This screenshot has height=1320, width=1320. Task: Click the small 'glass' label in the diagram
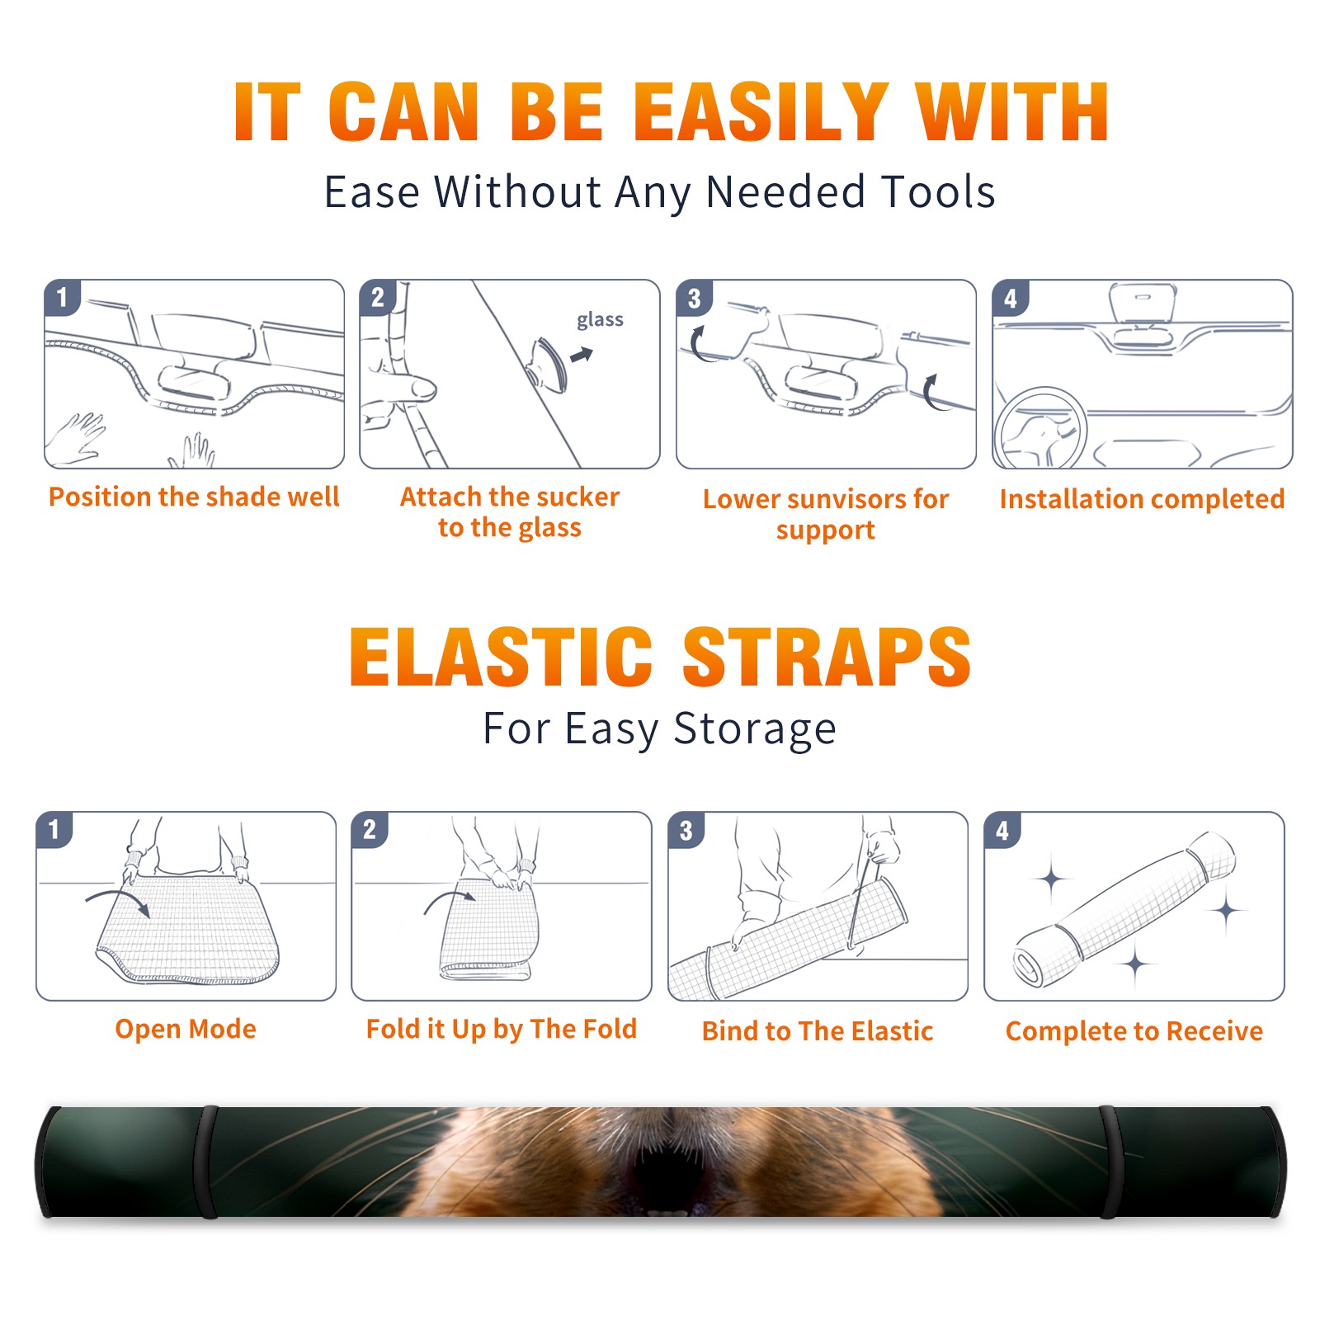[600, 320]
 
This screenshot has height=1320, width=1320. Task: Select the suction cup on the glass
[549, 364]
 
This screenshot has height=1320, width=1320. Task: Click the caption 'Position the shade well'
[194, 497]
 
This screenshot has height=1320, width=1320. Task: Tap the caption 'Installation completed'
[1142, 499]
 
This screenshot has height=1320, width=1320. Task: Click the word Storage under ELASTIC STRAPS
[755, 729]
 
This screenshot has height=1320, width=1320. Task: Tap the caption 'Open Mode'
[186, 1029]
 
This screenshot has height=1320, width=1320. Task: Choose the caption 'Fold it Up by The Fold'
[502, 1030]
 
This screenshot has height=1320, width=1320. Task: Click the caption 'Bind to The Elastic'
[818, 1031]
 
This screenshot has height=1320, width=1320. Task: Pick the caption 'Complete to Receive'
[1134, 1031]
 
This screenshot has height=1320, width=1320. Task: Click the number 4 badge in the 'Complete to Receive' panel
[1002, 830]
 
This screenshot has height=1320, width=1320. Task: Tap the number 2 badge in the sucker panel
[378, 297]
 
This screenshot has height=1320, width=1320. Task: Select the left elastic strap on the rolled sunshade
[207, 1162]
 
